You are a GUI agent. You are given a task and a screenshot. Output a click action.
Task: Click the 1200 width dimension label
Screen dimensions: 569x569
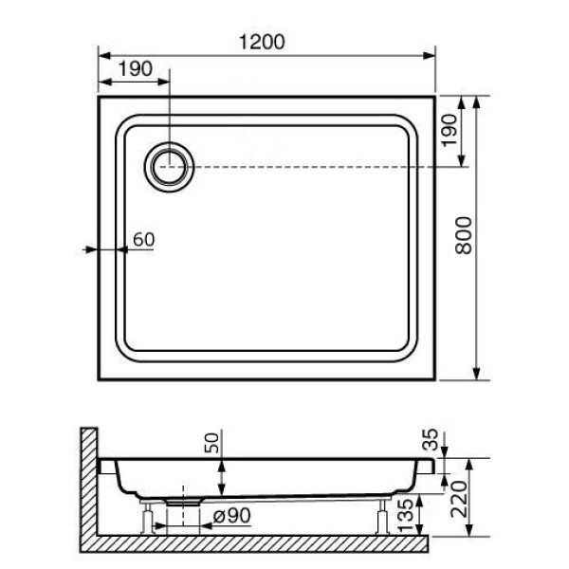(266, 42)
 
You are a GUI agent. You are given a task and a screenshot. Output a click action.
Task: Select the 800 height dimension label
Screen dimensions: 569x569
(464, 235)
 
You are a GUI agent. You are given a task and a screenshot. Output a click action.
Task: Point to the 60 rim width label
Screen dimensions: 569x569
(142, 239)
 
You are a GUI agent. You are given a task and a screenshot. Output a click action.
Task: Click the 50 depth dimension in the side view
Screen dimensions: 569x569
(212, 444)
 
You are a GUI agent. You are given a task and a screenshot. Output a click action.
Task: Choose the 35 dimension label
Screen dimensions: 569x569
(431, 438)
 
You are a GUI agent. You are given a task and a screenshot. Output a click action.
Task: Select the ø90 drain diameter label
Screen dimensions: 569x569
(231, 518)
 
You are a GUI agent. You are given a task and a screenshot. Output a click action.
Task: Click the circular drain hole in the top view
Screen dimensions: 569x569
(170, 167)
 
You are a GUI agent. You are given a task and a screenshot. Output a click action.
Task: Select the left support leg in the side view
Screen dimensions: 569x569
(147, 518)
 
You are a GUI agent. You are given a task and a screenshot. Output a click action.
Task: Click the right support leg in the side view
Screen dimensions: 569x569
(382, 518)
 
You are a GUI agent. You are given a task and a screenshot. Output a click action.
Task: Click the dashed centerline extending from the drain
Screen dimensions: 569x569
(313, 167)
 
